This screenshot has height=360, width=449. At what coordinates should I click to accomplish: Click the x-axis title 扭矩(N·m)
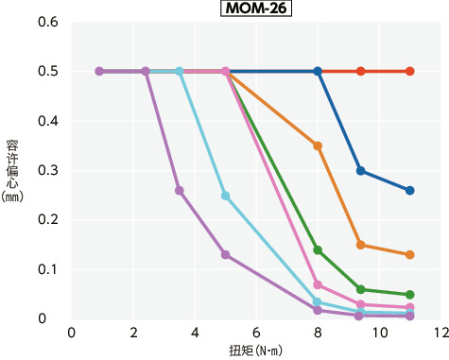pos(255,350)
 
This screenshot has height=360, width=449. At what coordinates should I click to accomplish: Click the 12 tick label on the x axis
pos(440,333)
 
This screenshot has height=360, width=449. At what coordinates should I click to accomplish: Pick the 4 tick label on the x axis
pos(195,333)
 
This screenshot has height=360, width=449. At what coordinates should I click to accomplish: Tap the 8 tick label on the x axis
pos(318,333)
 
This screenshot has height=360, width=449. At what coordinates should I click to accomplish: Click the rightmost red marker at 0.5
pos(410,71)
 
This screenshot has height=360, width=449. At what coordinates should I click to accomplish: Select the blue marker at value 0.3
pos(361,171)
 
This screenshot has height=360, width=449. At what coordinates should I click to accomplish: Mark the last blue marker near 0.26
pos(410,191)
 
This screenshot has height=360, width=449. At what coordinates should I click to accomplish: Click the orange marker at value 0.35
pos(318,146)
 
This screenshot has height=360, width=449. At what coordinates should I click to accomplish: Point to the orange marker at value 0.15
pos(361,245)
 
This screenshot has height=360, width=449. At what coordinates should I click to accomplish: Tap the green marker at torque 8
pos(318,250)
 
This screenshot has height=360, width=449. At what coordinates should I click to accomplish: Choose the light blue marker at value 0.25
pos(225,196)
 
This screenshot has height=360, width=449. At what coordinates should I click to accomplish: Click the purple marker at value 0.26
pos(180,191)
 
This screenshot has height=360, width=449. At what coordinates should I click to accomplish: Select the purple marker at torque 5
pos(225,255)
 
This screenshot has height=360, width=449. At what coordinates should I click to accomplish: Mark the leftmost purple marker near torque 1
pos(99,71)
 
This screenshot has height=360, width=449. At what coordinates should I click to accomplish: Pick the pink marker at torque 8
pos(318,284)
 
